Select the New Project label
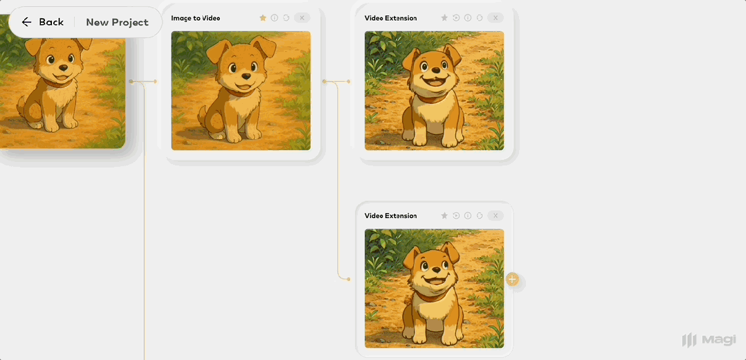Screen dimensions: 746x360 [117, 22]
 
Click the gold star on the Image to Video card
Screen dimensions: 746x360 [263, 17]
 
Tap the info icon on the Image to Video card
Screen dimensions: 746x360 [275, 17]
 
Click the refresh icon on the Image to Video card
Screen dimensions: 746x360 [286, 17]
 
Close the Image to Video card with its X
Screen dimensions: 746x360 [302, 17]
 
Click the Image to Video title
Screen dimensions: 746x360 [196, 18]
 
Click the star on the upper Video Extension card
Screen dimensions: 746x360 [444, 17]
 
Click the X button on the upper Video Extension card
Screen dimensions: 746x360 [495, 17]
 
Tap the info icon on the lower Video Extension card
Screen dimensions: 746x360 [468, 216]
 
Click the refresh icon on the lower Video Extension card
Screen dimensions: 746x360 [480, 216]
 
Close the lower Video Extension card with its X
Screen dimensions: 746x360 [495, 216]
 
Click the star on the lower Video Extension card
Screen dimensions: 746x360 [444, 216]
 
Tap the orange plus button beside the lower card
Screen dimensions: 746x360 [512, 279]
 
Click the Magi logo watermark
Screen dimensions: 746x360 [709, 340]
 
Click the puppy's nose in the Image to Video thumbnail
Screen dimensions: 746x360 [246, 76]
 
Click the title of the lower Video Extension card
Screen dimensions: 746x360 [390, 216]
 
